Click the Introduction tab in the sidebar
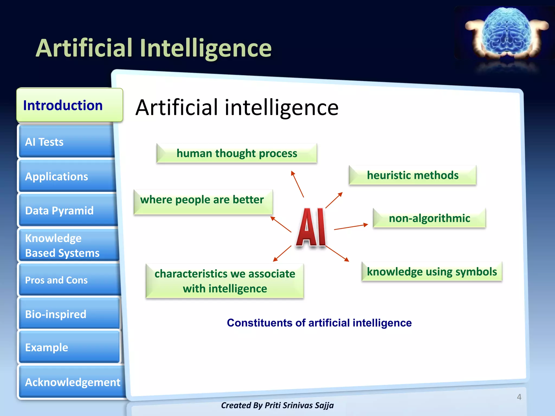[x=69, y=105]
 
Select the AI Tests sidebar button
[x=66, y=142]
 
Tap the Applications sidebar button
[x=67, y=176]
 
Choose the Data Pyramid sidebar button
[x=68, y=210]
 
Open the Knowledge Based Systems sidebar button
[x=68, y=245]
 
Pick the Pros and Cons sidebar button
[x=69, y=280]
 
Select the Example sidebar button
[x=69, y=347]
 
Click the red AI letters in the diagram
[x=311, y=227]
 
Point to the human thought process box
[x=237, y=153]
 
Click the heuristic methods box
[x=412, y=175]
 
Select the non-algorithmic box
[x=429, y=218]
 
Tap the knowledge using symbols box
[x=432, y=272]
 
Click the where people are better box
[x=203, y=202]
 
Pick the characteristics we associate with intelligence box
[x=225, y=281]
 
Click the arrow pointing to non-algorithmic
[x=351, y=227]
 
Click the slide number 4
[x=519, y=397]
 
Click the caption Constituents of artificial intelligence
[x=319, y=323]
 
